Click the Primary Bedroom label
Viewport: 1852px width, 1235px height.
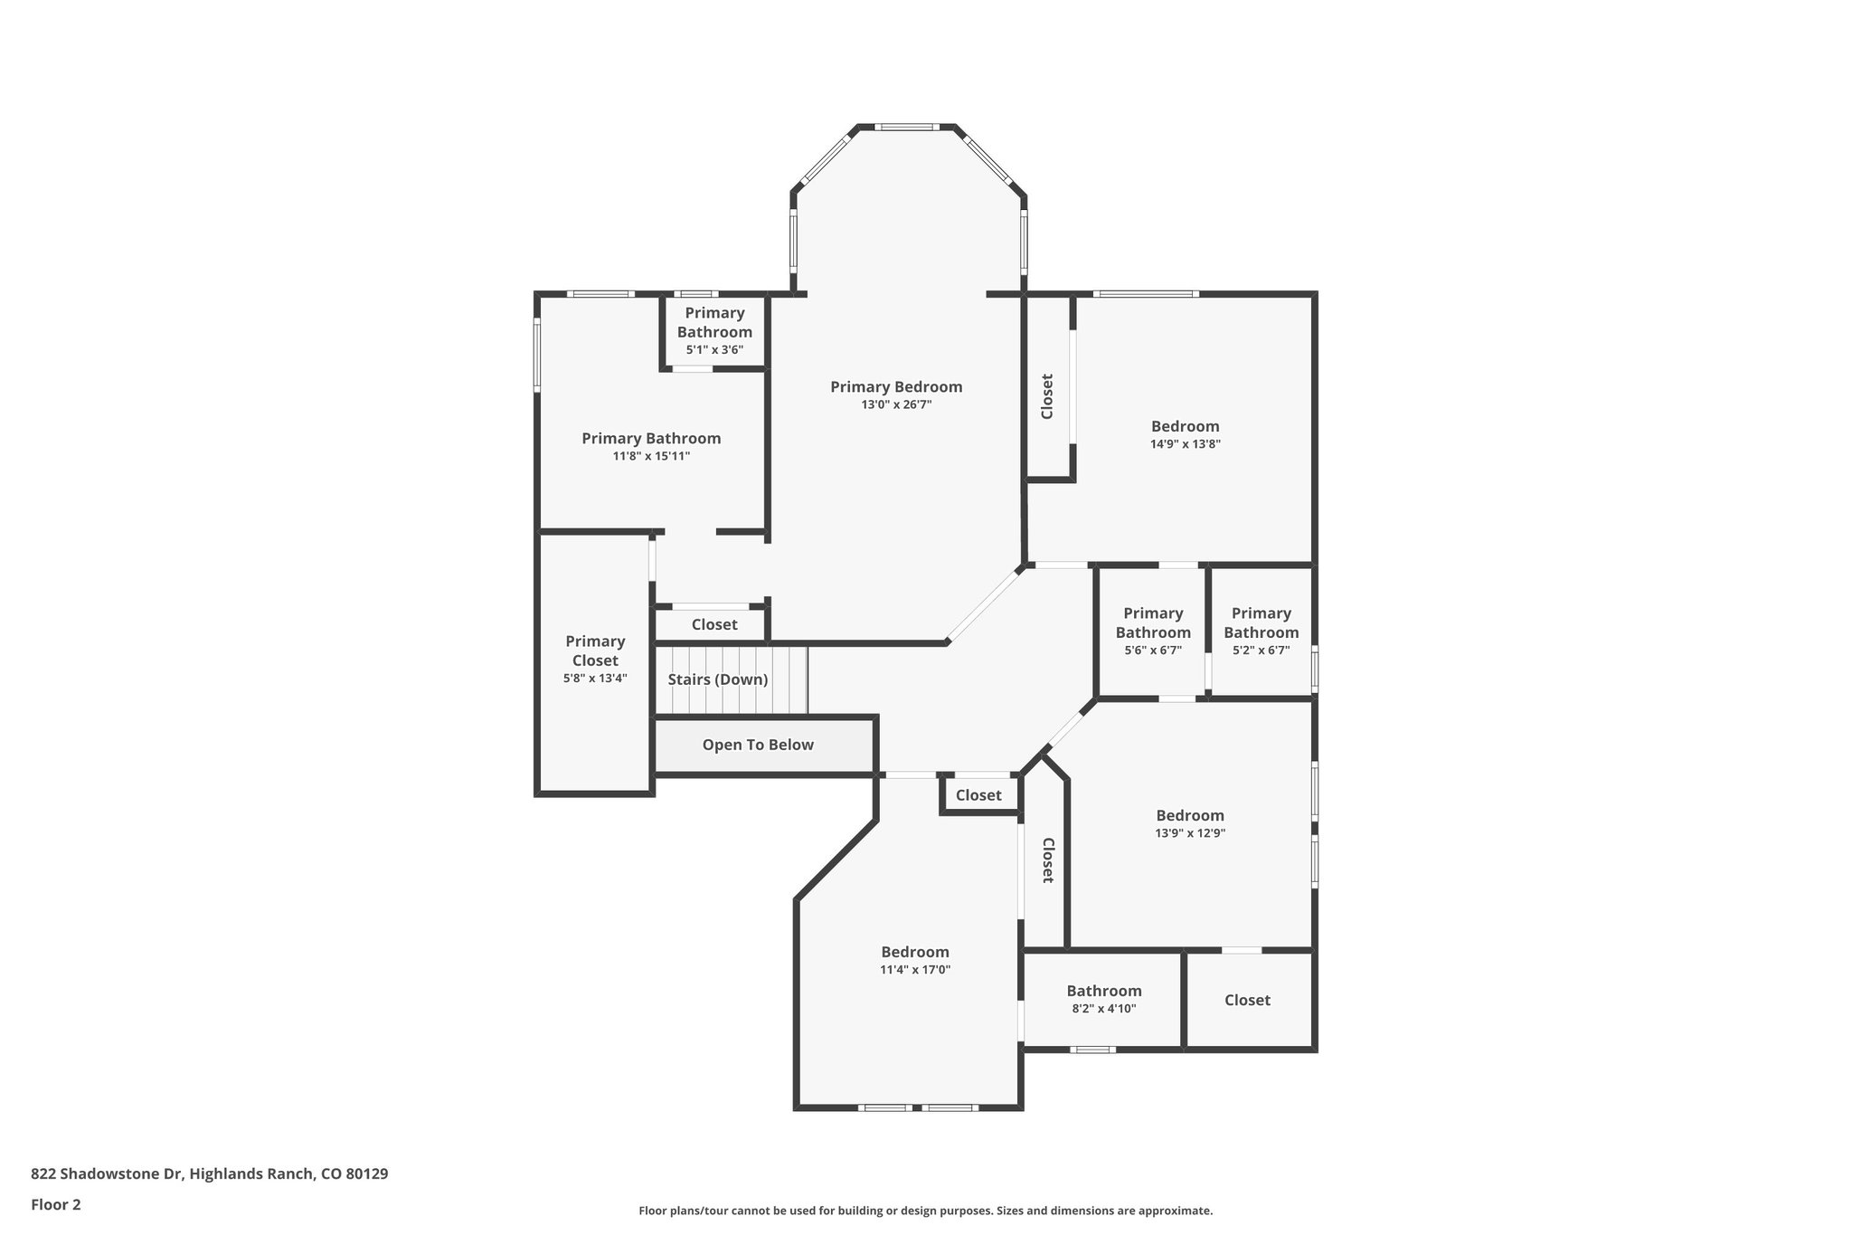point(896,387)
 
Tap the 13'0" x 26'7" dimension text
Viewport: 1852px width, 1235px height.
point(896,405)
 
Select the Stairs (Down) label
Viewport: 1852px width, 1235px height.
point(718,679)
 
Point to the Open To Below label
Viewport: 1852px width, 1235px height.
point(758,745)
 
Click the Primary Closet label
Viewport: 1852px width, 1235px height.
point(595,651)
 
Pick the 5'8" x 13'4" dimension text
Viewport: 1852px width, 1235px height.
point(595,678)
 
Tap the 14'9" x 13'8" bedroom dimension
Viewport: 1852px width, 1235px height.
point(1186,444)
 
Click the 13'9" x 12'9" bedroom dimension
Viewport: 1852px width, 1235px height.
point(1190,833)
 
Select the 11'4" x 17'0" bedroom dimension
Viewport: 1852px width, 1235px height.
point(915,970)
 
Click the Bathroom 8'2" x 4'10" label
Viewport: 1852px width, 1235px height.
point(1104,991)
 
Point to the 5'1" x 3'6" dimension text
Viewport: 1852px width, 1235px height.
point(714,349)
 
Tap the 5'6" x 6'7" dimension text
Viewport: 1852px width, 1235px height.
point(1153,650)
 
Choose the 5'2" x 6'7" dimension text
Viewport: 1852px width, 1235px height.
point(1261,650)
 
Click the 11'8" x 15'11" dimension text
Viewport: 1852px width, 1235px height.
point(651,456)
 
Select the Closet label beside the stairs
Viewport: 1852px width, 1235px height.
point(714,624)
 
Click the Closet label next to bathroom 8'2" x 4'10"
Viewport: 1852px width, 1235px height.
point(1248,1000)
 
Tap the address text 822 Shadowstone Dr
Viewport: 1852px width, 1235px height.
point(107,1173)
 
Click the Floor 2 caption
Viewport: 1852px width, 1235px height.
point(56,1204)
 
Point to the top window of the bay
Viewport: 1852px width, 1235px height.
point(907,128)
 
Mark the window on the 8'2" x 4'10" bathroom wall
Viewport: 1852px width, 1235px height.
point(1092,1050)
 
